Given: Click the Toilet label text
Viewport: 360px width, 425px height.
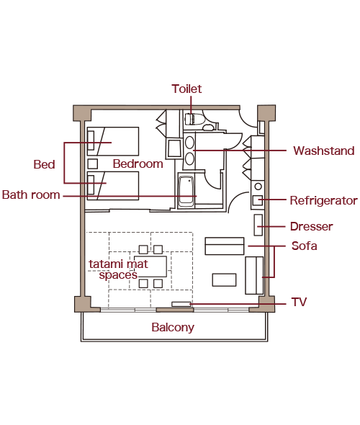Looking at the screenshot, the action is coord(186,89).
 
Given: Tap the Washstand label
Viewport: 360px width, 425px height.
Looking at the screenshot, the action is coord(324,151).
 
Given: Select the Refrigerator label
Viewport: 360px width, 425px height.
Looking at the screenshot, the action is coord(324,200).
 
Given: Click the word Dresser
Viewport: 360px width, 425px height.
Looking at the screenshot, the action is coord(312,226).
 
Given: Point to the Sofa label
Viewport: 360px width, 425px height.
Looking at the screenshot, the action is coord(304,246).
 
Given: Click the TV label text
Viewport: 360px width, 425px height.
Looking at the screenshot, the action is coord(299,302).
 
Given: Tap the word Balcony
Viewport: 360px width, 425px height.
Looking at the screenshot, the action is coord(173,328).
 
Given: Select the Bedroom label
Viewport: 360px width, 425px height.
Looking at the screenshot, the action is coord(138,164).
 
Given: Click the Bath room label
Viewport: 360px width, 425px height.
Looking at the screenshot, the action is coord(31,195).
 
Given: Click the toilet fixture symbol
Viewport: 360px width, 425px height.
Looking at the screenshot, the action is coord(193,119).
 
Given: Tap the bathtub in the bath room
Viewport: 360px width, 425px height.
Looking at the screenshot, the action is coord(186,191).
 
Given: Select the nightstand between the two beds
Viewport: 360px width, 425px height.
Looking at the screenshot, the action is coord(93,164).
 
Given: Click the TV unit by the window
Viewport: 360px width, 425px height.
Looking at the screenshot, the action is coord(181,305).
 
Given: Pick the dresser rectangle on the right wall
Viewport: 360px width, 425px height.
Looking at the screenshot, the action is coord(258,225).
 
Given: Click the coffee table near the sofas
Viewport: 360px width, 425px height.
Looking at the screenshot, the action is coord(224,280).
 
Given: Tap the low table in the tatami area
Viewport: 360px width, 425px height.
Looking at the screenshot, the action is coord(150,267).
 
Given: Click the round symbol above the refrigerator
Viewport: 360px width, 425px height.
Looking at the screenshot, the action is coord(258,187).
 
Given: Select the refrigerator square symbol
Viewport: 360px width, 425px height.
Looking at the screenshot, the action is coord(258,200).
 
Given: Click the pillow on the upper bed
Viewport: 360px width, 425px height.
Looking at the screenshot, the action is coord(91,140).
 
